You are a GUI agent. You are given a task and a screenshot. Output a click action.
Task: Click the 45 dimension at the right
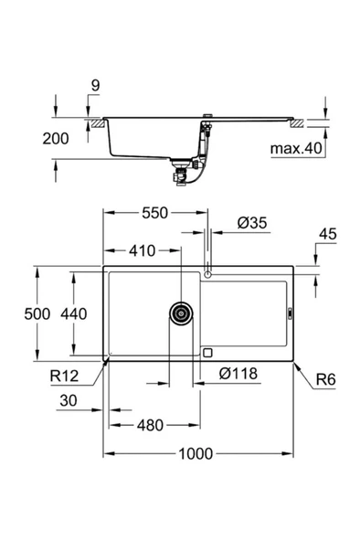(327, 235)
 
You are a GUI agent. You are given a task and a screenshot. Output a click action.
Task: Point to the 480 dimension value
(154, 424)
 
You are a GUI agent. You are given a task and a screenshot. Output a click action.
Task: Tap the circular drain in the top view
(181, 313)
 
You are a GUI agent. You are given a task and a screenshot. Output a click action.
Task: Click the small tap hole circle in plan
(208, 273)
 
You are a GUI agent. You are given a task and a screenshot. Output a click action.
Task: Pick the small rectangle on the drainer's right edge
(289, 313)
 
